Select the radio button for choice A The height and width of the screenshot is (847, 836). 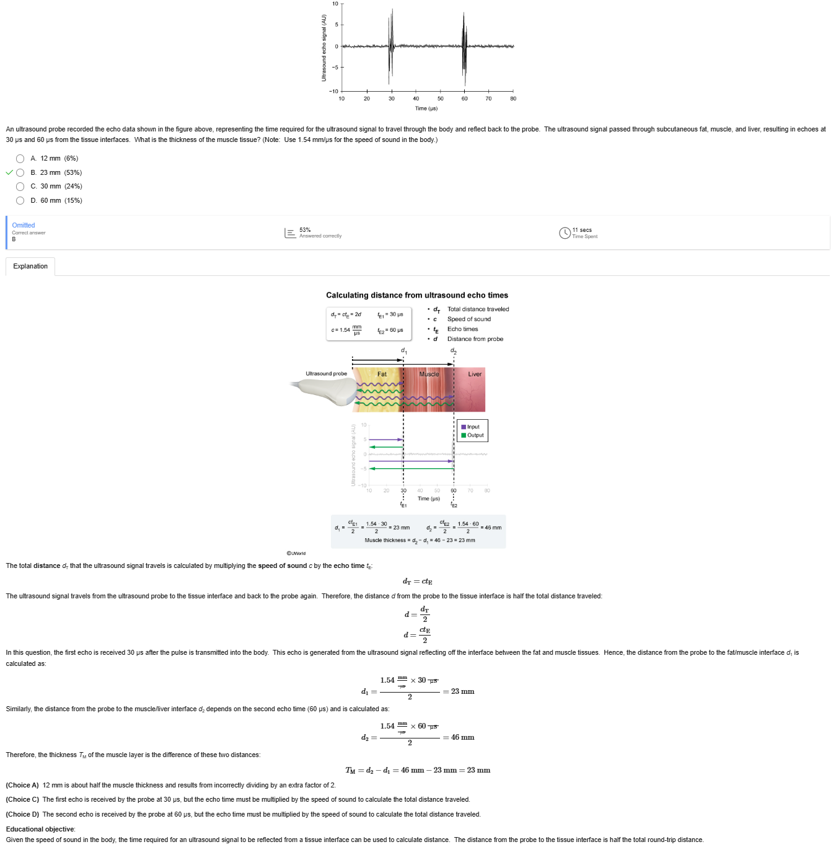20,159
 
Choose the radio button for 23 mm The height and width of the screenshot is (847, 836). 20,173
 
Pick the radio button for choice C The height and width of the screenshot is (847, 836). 20,187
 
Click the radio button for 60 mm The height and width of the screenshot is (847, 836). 20,201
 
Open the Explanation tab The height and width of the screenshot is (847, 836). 30,267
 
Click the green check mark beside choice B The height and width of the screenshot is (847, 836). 9,173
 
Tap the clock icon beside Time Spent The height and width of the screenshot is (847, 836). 565,233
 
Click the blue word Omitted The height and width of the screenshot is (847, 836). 24,226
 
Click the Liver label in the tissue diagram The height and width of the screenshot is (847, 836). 475,375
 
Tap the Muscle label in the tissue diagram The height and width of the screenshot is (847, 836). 429,375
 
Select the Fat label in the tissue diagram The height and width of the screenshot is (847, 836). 382,375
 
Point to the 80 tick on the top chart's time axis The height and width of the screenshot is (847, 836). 513,99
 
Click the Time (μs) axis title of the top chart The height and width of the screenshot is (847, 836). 426,109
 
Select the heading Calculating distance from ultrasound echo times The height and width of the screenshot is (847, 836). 417,296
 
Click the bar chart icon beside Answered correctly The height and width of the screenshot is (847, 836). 290,233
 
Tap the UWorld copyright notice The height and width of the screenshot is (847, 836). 296,554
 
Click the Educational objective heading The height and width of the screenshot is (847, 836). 40,830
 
